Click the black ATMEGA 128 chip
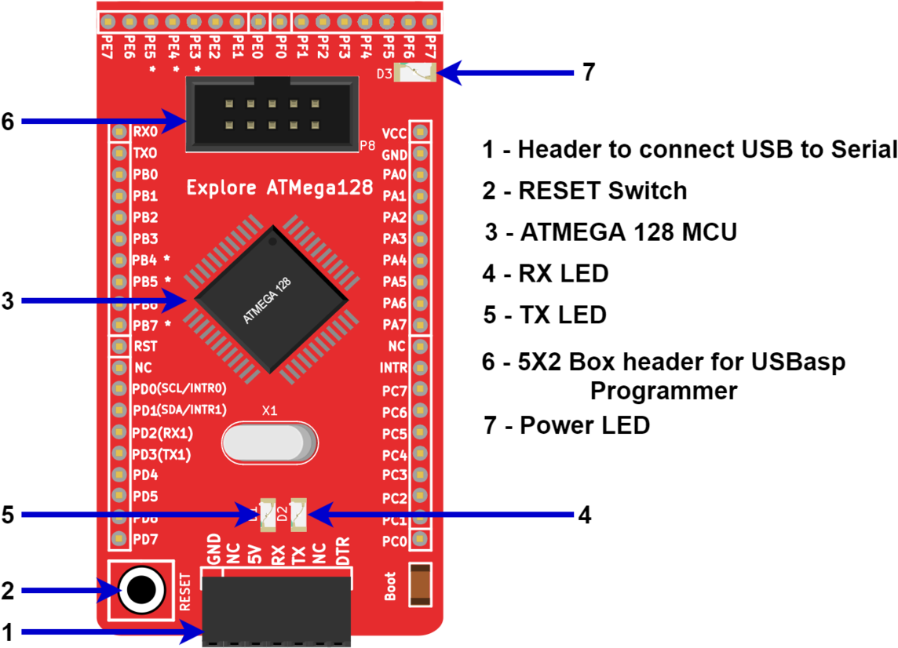coord(271,300)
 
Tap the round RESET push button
coord(141,589)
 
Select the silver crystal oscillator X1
coord(269,442)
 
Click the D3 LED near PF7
coord(416,74)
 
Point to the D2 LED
coord(298,514)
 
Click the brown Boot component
coord(419,584)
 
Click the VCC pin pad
coord(420,133)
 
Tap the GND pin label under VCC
coord(395,155)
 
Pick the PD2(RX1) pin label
coord(162,433)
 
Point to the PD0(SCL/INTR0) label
coord(180,388)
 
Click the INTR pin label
coord(393,368)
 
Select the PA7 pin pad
coord(420,325)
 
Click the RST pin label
coord(145,346)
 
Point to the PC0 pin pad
coord(420,540)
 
